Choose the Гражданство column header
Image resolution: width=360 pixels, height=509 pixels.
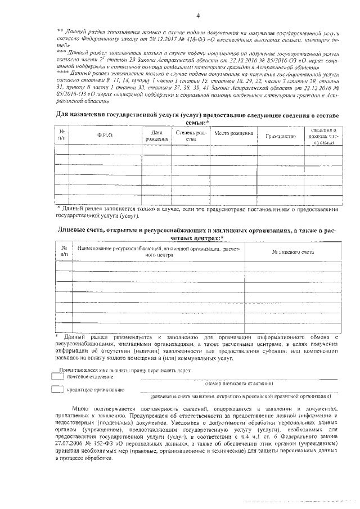tap(280, 136)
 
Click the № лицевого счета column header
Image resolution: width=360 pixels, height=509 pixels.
tap(292, 251)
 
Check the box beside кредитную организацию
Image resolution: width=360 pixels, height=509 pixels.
tap(57, 389)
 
